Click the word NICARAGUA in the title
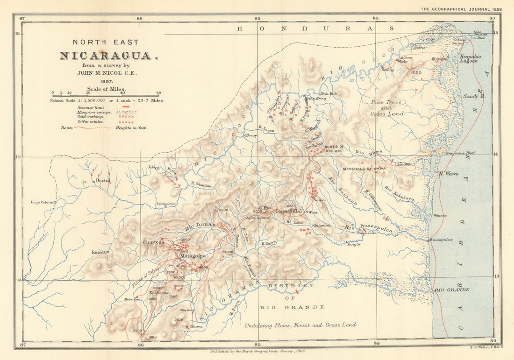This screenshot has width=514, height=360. (x=106, y=56)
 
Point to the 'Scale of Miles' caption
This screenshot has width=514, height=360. (x=106, y=89)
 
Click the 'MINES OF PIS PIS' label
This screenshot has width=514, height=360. (x=334, y=149)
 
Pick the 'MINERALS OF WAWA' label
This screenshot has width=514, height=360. (x=364, y=168)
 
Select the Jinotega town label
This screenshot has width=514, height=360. (x=153, y=242)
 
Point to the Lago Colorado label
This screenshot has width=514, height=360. (x=43, y=202)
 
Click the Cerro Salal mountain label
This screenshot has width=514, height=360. (x=290, y=211)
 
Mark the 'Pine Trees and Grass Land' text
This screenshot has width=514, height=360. (x=387, y=107)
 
